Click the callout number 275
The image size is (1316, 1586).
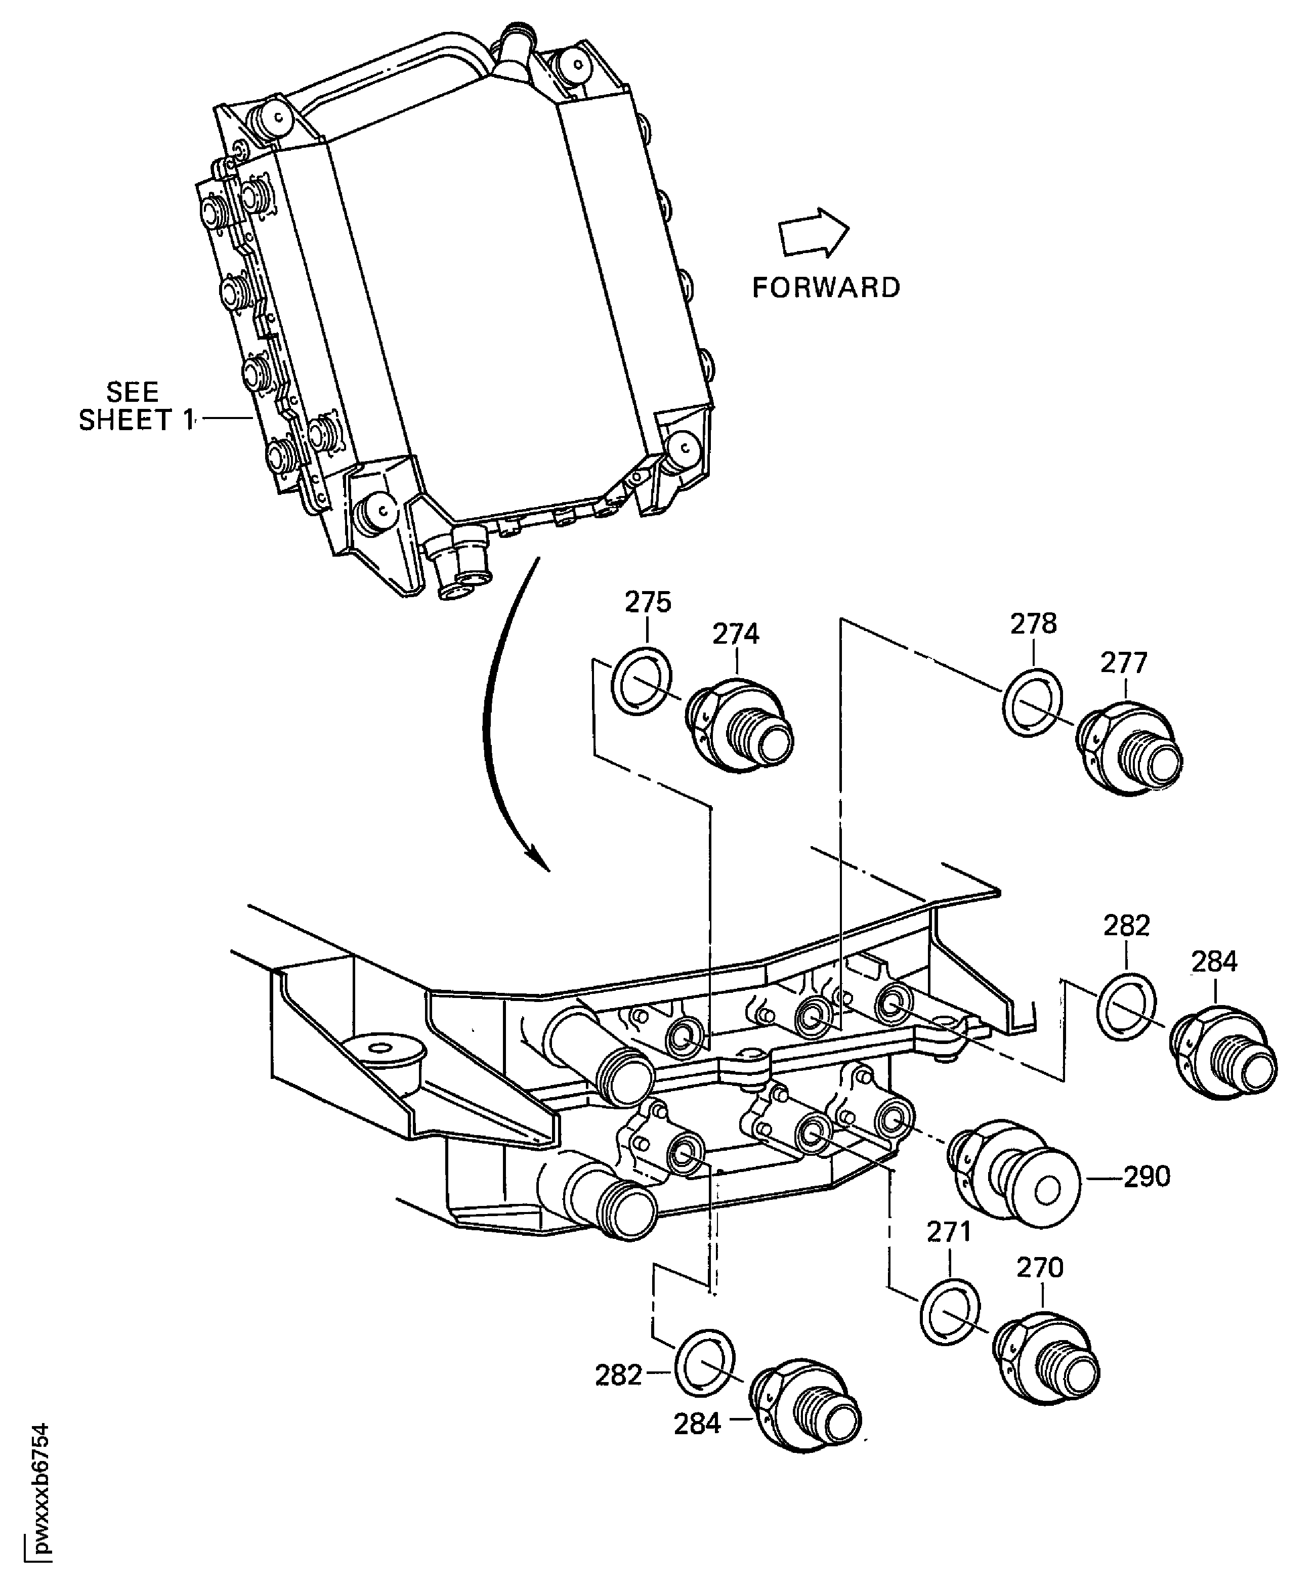(x=648, y=603)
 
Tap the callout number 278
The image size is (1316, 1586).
(x=1034, y=624)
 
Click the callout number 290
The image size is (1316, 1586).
(x=1147, y=1177)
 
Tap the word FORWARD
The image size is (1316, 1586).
(x=826, y=288)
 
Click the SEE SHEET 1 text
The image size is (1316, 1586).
(x=134, y=406)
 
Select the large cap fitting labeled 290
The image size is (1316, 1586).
(x=1015, y=1177)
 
